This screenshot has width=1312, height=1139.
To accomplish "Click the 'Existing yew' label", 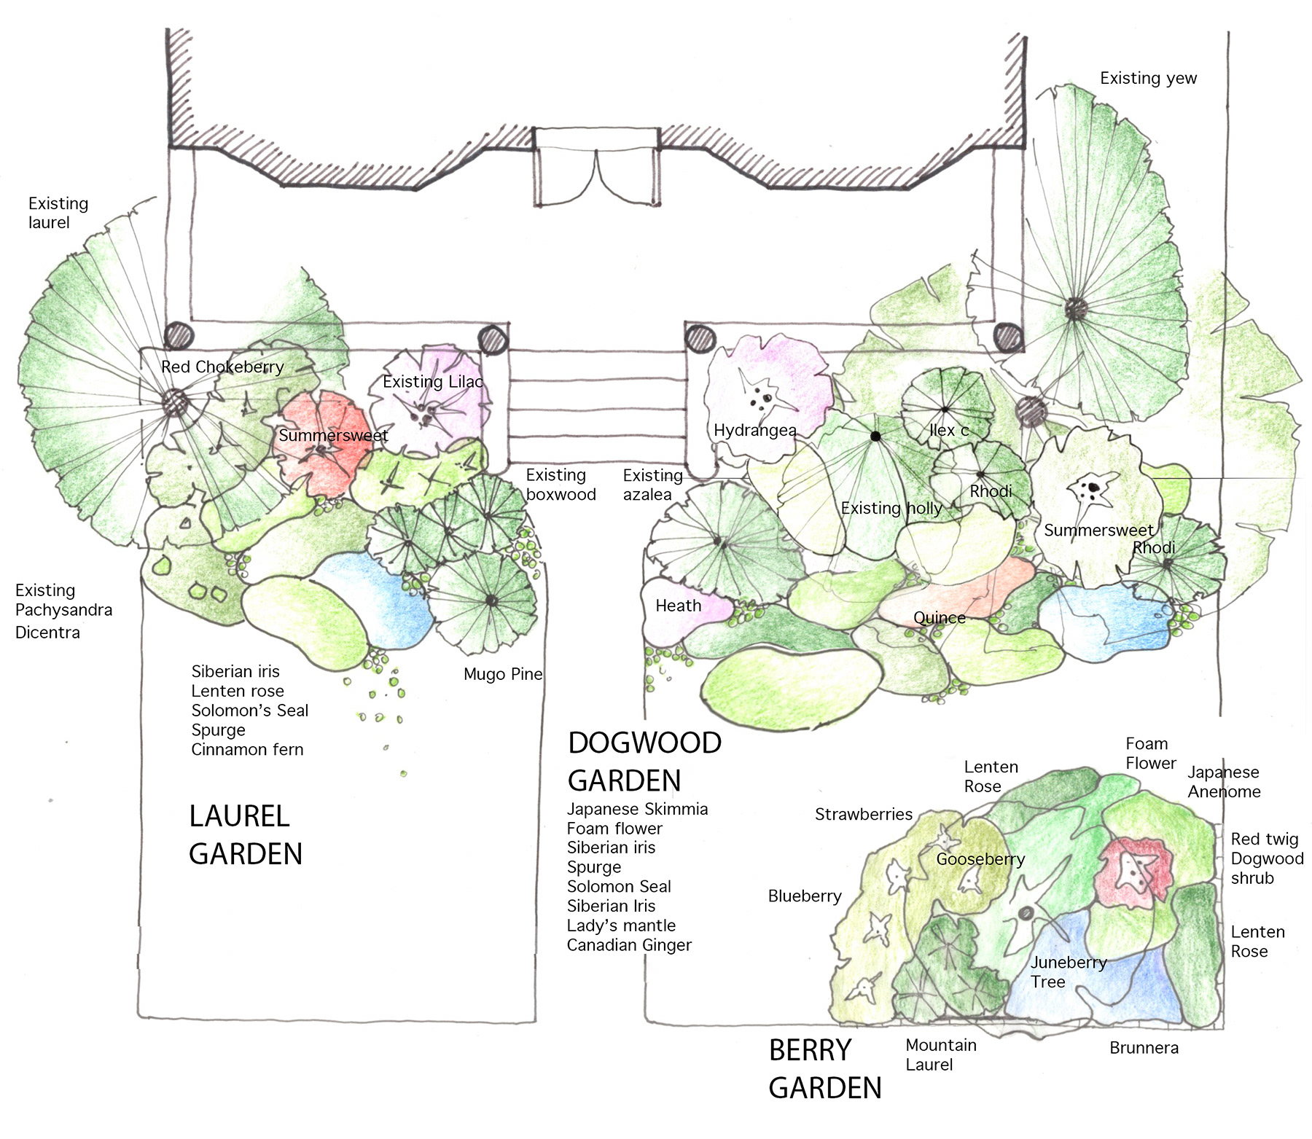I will [x=1148, y=78].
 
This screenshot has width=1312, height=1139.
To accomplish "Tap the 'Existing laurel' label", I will [x=58, y=213].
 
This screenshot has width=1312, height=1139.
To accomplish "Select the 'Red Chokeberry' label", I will [x=222, y=367].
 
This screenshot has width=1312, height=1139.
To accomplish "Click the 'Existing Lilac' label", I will [x=432, y=381].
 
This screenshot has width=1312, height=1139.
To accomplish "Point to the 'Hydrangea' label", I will [x=754, y=430].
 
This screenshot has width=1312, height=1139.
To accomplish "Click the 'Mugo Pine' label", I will [x=503, y=674].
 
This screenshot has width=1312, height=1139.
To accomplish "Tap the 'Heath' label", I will [x=678, y=606].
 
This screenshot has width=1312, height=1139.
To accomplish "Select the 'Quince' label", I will [x=939, y=618].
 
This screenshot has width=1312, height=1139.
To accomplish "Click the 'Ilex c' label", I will [x=949, y=430].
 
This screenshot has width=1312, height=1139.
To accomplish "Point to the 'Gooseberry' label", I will [x=980, y=859].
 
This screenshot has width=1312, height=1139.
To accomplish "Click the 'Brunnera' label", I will [x=1144, y=1048].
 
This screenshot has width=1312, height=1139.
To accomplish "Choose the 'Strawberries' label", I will [x=863, y=814].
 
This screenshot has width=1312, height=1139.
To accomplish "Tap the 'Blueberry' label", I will [x=805, y=896].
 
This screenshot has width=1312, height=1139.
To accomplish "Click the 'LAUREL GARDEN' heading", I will [x=245, y=835].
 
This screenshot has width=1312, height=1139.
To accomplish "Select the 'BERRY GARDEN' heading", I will [x=824, y=1069].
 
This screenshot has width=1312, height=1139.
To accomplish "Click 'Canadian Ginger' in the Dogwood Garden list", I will [x=629, y=945].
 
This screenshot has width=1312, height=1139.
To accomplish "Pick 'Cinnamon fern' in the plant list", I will [x=247, y=749].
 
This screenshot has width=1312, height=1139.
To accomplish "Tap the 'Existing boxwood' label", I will [x=561, y=485].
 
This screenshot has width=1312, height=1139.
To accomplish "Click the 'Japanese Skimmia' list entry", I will [x=637, y=809].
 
